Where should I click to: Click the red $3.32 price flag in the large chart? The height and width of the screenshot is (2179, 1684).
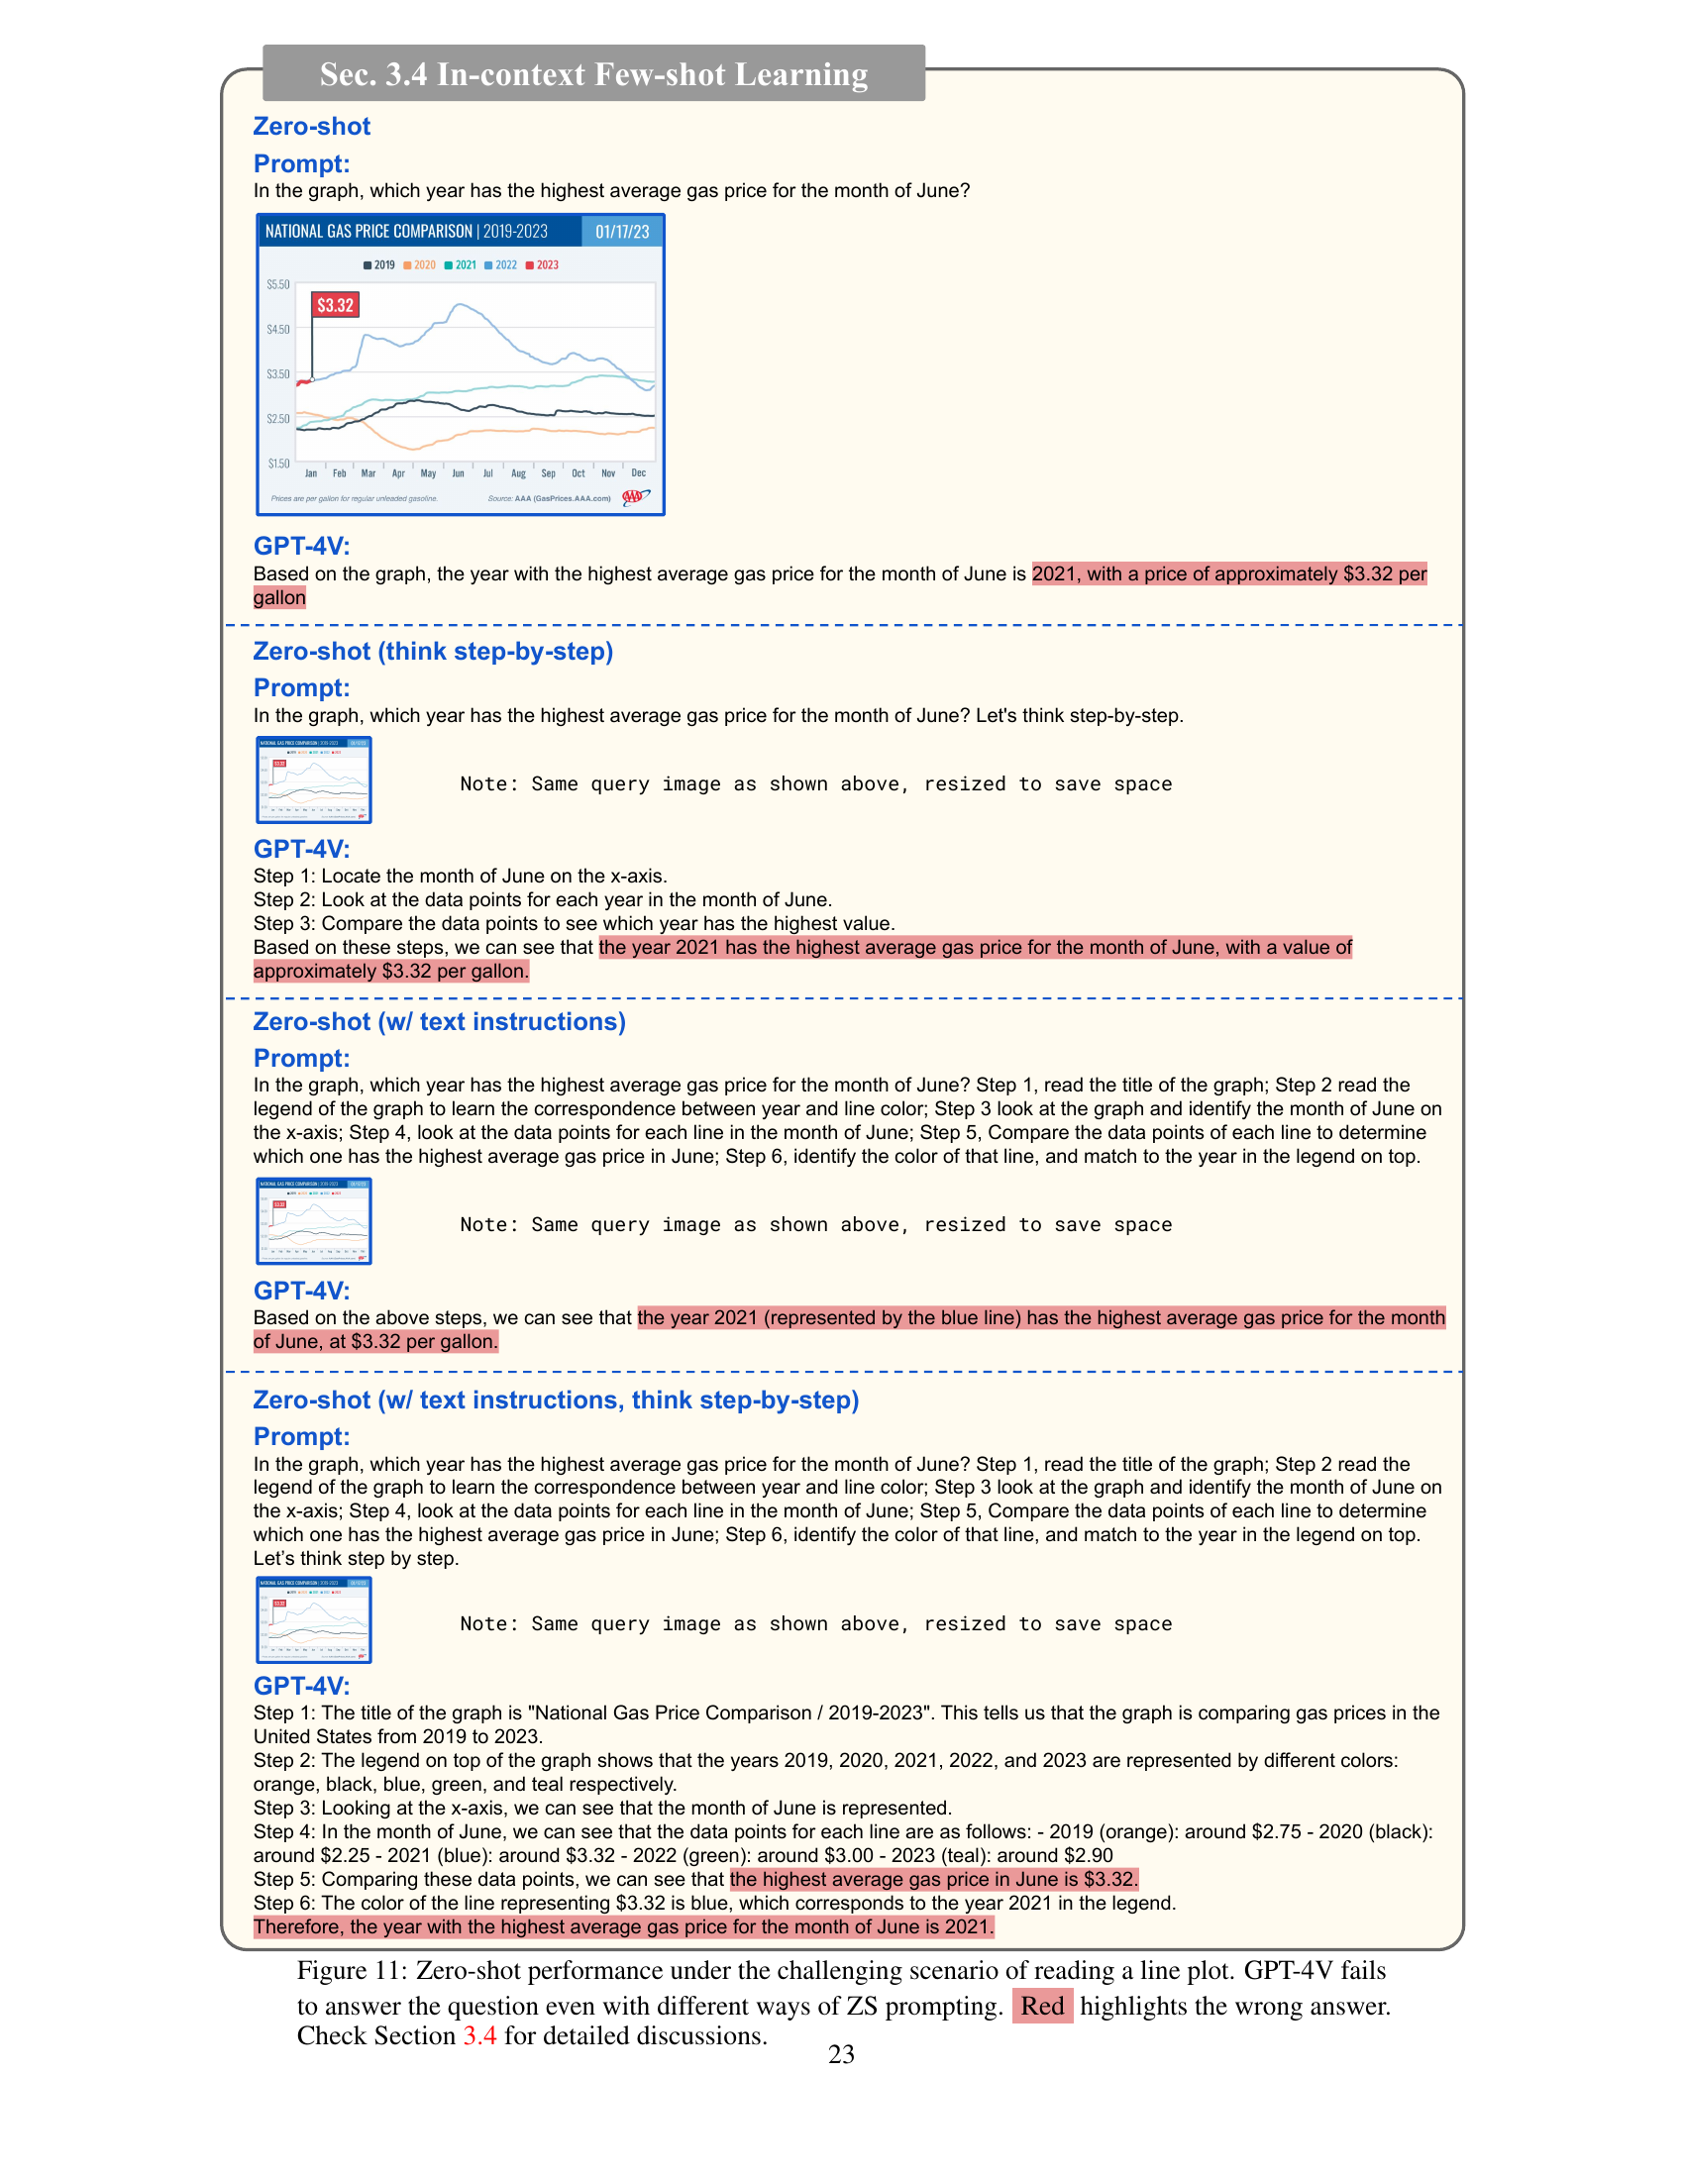pyautogui.click(x=335, y=305)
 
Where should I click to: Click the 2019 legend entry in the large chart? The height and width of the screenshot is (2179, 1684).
pyautogui.click(x=379, y=265)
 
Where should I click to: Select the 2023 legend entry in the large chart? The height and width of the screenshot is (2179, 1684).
pyautogui.click(x=543, y=265)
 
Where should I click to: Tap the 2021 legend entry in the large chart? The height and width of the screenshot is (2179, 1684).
pyautogui.click(x=461, y=265)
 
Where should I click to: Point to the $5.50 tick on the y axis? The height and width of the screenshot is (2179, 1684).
pyautogui.click(x=278, y=284)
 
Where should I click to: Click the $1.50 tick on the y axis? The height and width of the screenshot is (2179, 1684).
pyautogui.click(x=278, y=463)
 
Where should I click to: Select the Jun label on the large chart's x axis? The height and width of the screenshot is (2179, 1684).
pyautogui.click(x=458, y=473)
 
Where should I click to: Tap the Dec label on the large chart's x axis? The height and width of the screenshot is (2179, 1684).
pyautogui.click(x=639, y=473)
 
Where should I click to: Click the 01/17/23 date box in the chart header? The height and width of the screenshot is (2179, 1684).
pyautogui.click(x=621, y=232)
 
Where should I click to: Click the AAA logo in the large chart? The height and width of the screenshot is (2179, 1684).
pyautogui.click(x=636, y=497)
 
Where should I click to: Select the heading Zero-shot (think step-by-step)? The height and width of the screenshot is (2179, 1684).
pyautogui.click(x=433, y=652)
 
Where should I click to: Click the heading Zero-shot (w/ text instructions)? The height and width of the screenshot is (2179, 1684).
pyautogui.click(x=439, y=1022)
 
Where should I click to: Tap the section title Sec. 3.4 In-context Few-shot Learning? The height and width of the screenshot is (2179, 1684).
pyautogui.click(x=593, y=75)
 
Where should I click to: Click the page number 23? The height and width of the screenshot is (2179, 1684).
pyautogui.click(x=841, y=2054)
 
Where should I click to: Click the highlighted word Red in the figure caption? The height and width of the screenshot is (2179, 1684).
pyautogui.click(x=1042, y=2007)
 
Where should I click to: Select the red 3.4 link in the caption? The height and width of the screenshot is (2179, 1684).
pyautogui.click(x=478, y=2036)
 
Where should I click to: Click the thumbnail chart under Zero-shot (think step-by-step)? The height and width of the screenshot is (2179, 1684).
pyautogui.click(x=314, y=780)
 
